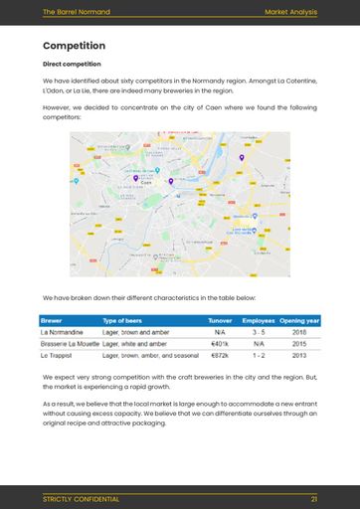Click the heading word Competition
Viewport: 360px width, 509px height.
(74, 46)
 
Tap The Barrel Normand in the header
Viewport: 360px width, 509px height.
(77, 12)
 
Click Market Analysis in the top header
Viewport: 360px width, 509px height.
(290, 12)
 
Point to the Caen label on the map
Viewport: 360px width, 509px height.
(146, 183)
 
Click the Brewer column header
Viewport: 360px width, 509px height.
(51, 320)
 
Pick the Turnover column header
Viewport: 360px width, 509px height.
(220, 320)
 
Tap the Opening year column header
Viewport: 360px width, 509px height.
(299, 320)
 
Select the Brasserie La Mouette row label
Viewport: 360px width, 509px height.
(70, 343)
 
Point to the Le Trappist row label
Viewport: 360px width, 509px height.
(57, 354)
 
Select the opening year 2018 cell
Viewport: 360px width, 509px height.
(299, 332)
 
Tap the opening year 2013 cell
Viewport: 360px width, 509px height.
(299, 354)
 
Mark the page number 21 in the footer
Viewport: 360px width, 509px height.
(313, 498)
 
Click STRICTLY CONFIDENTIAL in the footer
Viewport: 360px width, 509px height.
(81, 498)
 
